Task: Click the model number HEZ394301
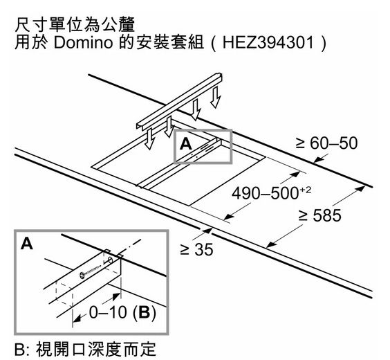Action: click(x=268, y=42)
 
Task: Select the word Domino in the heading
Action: click(x=83, y=42)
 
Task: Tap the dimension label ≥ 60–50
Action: click(x=326, y=143)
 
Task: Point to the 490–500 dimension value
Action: click(x=265, y=193)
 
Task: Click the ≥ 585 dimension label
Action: click(x=319, y=215)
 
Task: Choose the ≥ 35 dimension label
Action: click(x=196, y=249)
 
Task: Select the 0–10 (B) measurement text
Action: click(x=122, y=312)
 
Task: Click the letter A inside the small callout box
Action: click(x=186, y=143)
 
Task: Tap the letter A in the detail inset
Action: click(x=27, y=243)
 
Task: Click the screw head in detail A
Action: click(x=82, y=275)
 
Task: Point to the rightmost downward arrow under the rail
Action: click(x=215, y=98)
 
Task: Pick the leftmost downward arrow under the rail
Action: click(x=150, y=138)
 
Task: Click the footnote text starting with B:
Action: click(x=85, y=349)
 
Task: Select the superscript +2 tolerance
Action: click(x=306, y=190)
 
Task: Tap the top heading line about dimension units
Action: click(x=75, y=24)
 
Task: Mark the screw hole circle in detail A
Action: click(x=109, y=261)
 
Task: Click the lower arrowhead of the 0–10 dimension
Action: click(x=77, y=318)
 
